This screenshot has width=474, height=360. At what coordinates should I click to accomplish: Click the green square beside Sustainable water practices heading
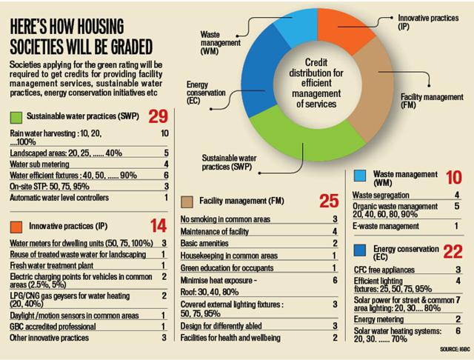click(16, 118)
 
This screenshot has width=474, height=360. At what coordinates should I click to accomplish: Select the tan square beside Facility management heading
click(187, 201)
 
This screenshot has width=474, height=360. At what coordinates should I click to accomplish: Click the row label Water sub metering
click(41, 164)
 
